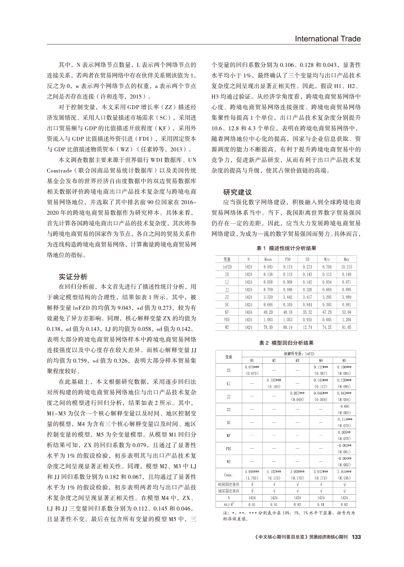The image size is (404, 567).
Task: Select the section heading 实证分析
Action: [73, 277]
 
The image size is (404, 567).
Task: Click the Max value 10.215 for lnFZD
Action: [346, 266]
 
